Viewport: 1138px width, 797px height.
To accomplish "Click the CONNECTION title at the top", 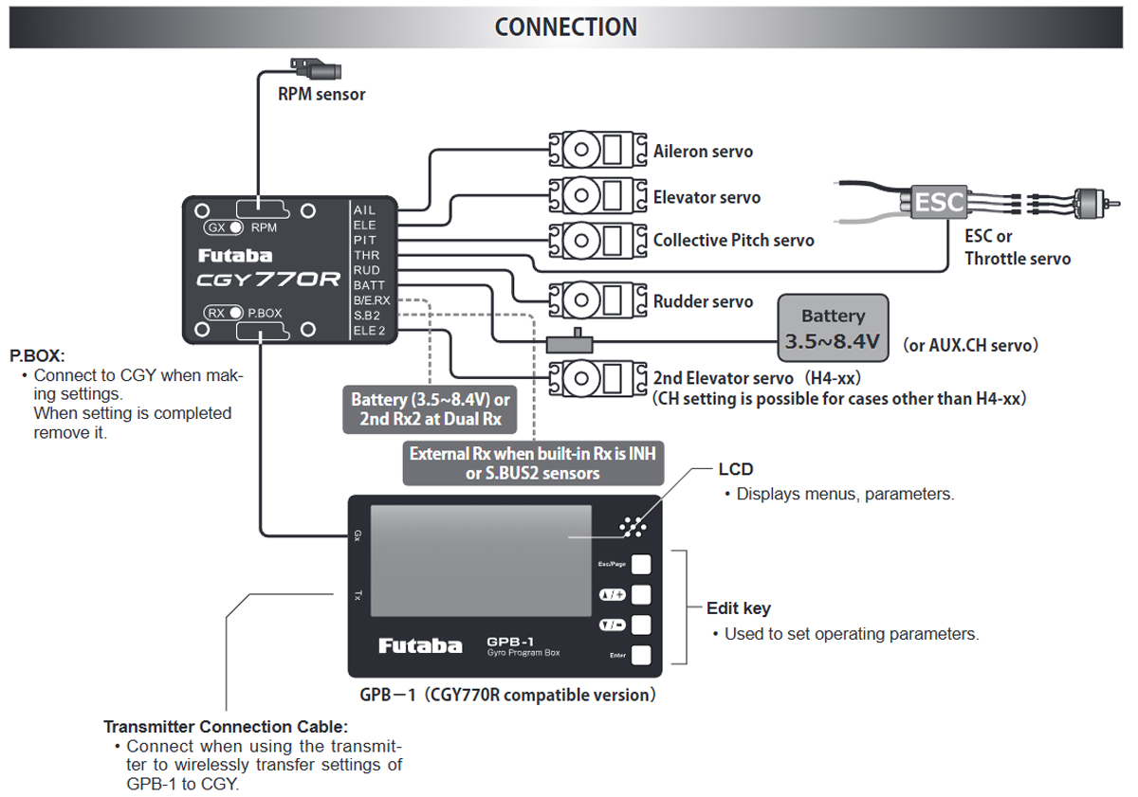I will point(565,27).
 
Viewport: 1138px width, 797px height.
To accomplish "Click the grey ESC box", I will point(939,201).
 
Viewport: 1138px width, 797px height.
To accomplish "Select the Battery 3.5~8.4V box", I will point(833,328).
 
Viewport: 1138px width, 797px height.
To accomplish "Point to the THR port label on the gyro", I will point(365,255).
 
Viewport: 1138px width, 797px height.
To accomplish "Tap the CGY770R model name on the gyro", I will point(268,280).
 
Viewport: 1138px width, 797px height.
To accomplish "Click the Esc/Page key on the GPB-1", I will point(642,564).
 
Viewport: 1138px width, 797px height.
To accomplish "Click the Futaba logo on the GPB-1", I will point(420,645).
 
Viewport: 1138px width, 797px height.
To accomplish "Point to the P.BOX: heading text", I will point(37,356).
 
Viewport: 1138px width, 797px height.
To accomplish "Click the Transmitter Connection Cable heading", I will point(226,727).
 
